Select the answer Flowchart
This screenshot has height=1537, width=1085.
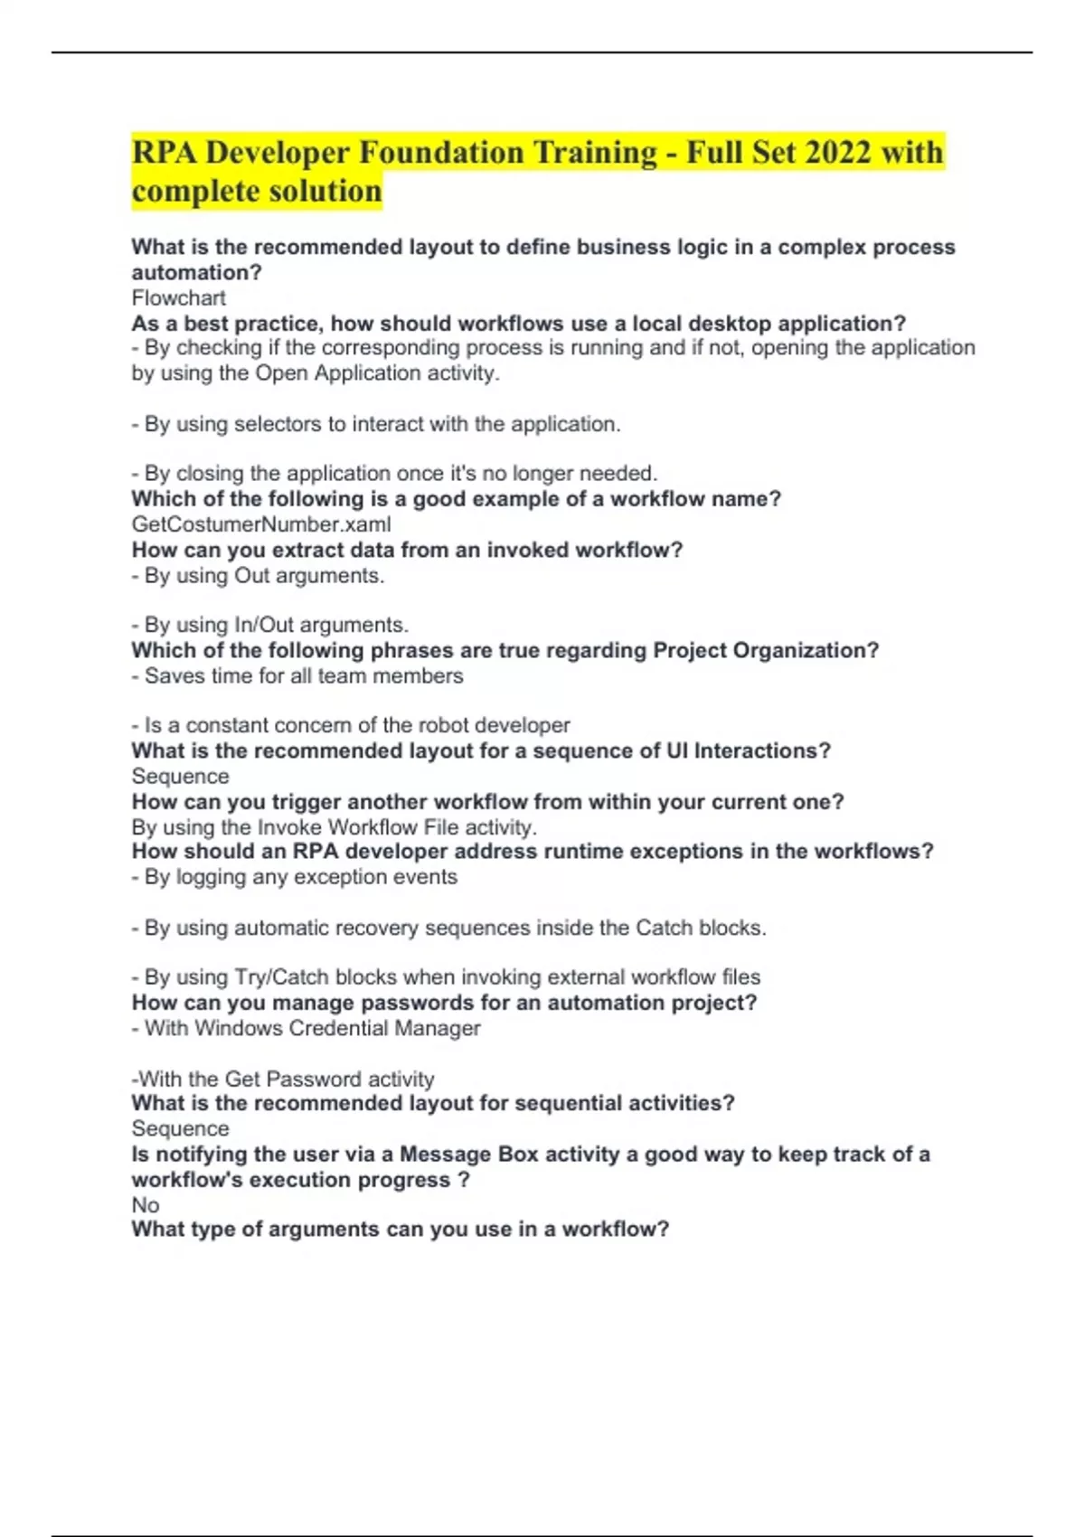pyautogui.click(x=178, y=297)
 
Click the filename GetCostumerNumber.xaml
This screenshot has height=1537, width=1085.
pyautogui.click(x=261, y=524)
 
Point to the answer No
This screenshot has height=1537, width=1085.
pyautogui.click(x=146, y=1205)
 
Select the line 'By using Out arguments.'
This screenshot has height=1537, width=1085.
pyautogui.click(x=259, y=576)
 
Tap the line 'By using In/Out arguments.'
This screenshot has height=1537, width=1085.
pyautogui.click(x=270, y=625)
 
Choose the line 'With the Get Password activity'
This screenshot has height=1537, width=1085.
pyautogui.click(x=283, y=1079)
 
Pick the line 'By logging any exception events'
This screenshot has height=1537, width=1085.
pyautogui.click(x=295, y=877)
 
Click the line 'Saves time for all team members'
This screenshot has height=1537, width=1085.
pyautogui.click(x=297, y=676)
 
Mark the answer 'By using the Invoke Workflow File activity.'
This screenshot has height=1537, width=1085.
pyautogui.click(x=335, y=827)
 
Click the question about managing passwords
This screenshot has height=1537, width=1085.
pyautogui.click(x=444, y=1003)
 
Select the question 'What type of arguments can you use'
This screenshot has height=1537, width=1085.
pyautogui.click(x=400, y=1230)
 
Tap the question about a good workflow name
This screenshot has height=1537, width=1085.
pyautogui.click(x=456, y=499)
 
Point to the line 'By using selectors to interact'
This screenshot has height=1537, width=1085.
pyautogui.click(x=376, y=424)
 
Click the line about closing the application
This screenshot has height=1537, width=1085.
pyautogui.click(x=394, y=473)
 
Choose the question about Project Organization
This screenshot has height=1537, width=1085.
pyautogui.click(x=505, y=651)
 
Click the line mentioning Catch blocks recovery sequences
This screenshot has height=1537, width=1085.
pyautogui.click(x=448, y=928)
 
